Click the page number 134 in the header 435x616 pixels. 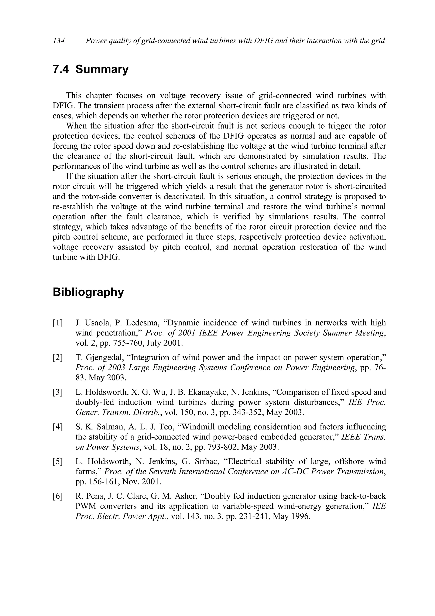pyautogui.click(x=59, y=41)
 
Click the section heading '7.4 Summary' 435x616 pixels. pyautogui.click(x=91, y=69)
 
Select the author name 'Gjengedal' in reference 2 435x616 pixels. pyautogui.click(x=104, y=358)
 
